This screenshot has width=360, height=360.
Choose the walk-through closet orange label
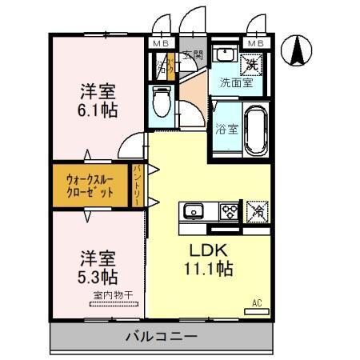90,186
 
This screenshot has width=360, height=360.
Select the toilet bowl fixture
162,102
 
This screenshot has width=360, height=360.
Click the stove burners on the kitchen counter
230,211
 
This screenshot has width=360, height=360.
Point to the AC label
257,302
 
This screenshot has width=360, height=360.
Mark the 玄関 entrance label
192,56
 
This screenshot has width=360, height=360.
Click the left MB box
161,42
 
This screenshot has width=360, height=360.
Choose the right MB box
256,42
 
